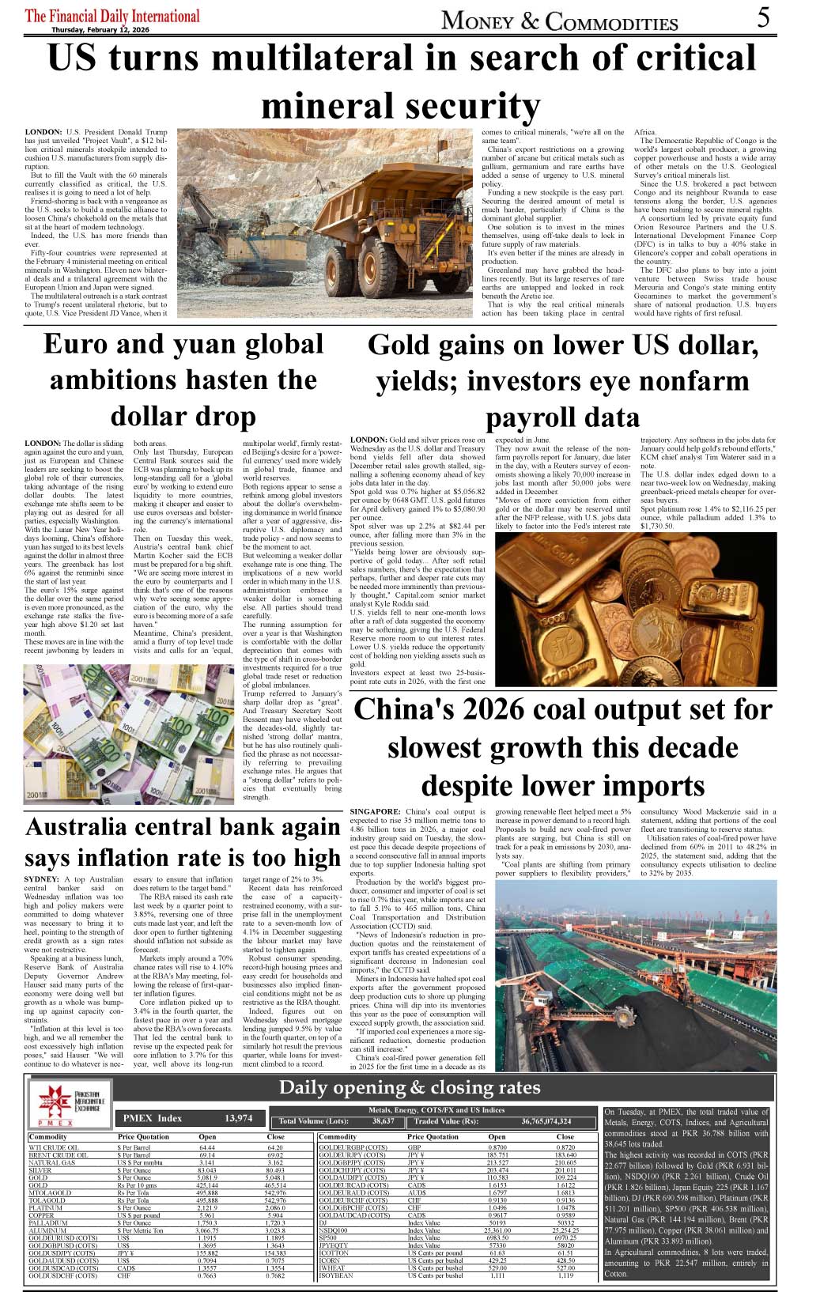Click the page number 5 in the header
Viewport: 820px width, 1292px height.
[762, 17]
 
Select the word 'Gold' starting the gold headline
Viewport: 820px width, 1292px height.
[402, 346]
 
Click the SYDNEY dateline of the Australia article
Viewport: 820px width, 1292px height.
[42, 879]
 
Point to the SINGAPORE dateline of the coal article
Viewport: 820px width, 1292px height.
[376, 811]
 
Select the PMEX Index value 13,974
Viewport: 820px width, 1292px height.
[238, 1118]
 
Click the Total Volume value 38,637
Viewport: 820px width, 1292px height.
[383, 1121]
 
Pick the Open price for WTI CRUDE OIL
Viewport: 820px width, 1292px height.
[207, 1147]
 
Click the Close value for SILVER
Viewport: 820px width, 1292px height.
[275, 1170]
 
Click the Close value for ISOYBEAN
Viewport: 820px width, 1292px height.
[565, 1275]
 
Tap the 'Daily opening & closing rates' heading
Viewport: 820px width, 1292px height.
[410, 1088]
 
